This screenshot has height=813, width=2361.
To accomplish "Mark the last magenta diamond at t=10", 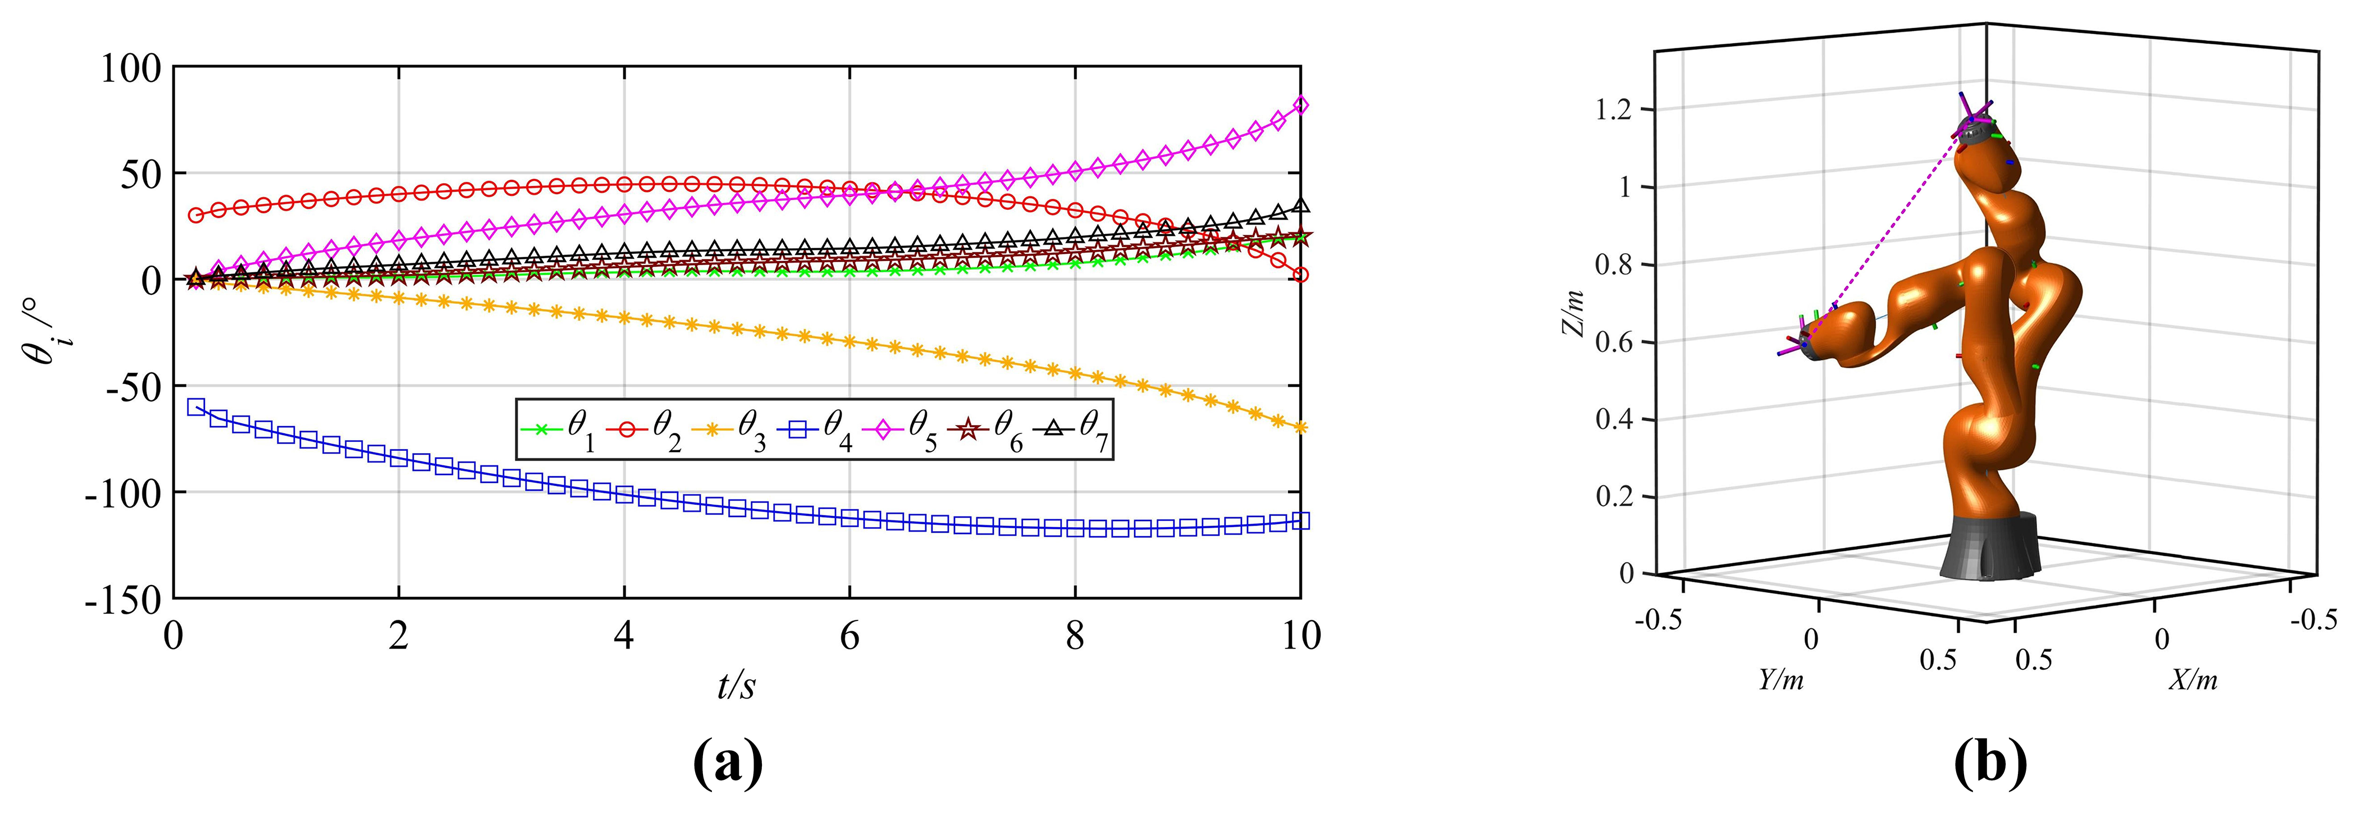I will click(1300, 106).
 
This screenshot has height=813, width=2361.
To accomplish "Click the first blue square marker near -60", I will click(195, 407).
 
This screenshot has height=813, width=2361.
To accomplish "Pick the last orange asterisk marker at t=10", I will click(1300, 427).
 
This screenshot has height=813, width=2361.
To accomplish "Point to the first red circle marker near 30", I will click(195, 216).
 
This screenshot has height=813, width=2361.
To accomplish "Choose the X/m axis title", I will click(2193, 679).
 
